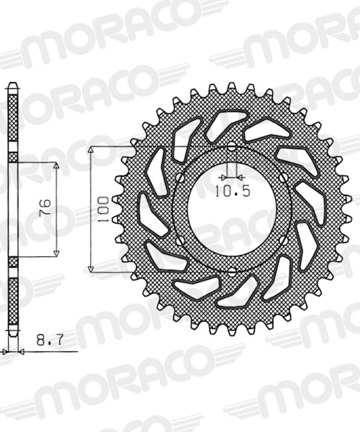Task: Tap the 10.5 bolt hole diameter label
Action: click(231, 191)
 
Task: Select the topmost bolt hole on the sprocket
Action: click(231, 148)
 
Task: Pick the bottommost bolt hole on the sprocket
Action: click(231, 270)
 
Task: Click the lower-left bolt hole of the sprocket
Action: click(179, 240)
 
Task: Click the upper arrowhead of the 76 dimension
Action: click(56, 165)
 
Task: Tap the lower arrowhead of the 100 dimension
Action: click(91, 268)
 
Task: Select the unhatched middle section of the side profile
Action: click(13, 209)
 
